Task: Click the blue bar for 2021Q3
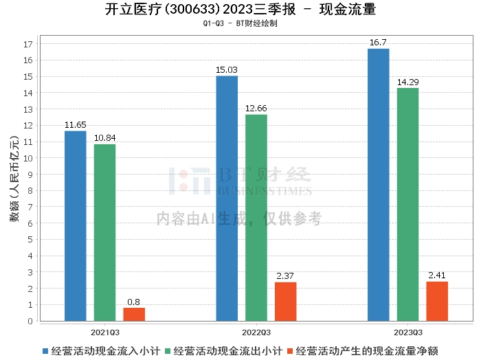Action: pos(76,226)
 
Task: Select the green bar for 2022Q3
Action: pos(256,218)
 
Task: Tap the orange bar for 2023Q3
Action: pos(437,302)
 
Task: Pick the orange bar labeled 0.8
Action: pos(134,315)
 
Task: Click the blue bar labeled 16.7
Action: pos(379,185)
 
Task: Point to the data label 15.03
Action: pos(227,70)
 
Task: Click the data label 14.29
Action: pos(407,82)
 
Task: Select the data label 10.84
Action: pos(105,138)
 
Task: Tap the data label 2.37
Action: pos(285,276)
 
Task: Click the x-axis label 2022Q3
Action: pos(256,333)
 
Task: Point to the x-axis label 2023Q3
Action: pos(408,333)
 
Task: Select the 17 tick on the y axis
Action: pos(28,44)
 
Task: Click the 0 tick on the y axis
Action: pos(30,321)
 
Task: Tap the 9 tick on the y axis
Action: pos(30,175)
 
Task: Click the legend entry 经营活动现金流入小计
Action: pos(102,351)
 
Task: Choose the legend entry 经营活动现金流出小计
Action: pos(224,351)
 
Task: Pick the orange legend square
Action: pos(290,351)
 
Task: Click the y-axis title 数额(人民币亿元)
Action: pos(14,179)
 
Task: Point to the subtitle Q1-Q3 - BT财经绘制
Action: pos(240,23)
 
